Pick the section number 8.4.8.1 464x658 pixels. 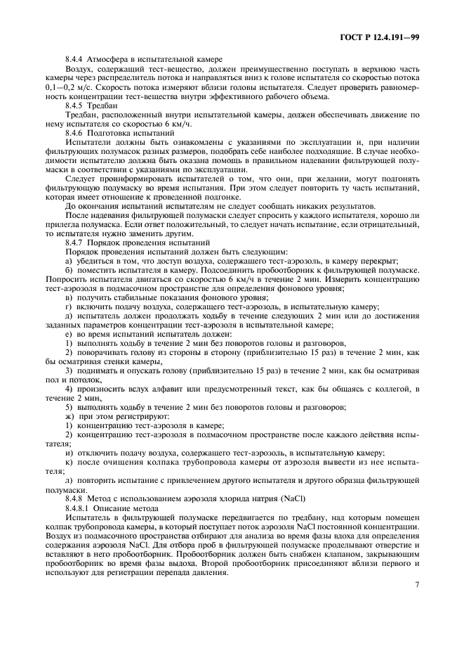point(78,506)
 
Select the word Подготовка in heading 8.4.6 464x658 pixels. point(115,131)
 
